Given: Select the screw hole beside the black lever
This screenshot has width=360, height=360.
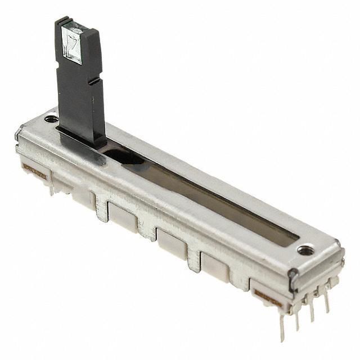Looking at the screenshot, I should (x=51, y=119).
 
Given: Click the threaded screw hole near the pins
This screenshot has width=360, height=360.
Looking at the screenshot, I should (x=305, y=250).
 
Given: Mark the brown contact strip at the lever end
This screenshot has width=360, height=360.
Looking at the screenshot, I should (x=34, y=172).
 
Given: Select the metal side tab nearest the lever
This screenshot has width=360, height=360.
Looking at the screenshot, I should (x=101, y=208).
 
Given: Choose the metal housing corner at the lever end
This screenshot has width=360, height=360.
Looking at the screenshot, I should (x=20, y=135).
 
